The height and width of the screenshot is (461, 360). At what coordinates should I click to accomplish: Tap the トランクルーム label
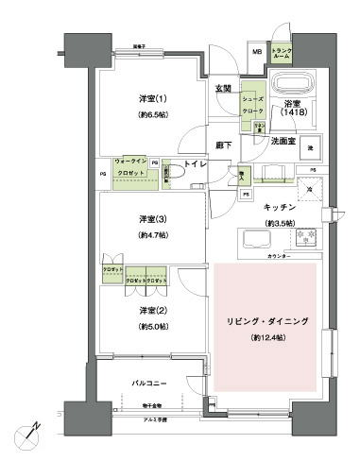click(283, 54)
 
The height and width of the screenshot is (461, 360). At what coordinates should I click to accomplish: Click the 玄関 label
click(222, 89)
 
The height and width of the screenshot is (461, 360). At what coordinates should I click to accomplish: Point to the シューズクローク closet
click(252, 104)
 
